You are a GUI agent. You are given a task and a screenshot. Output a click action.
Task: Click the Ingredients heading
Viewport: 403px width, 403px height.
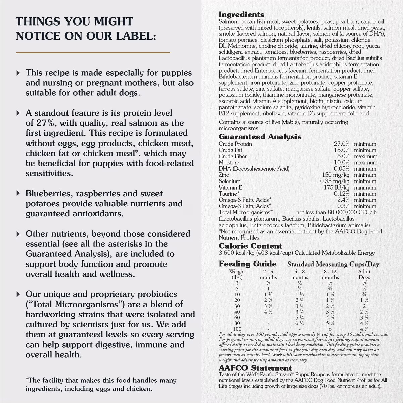click(241, 14)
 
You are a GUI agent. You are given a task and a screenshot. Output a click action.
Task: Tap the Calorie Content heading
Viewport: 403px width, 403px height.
click(250, 246)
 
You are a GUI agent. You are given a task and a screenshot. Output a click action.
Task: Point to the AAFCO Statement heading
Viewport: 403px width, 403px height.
click(255, 368)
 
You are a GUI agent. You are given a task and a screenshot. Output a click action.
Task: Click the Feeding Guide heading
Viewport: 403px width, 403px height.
click(248, 264)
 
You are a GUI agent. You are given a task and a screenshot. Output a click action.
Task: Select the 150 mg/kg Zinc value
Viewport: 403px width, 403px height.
click(336, 175)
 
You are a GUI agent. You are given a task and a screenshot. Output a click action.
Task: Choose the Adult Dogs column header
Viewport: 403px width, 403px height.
click(364, 274)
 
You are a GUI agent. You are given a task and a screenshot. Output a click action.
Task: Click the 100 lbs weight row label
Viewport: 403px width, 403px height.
click(237, 328)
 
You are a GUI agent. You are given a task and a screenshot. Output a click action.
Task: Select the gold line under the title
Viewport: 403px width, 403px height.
click(93, 52)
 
